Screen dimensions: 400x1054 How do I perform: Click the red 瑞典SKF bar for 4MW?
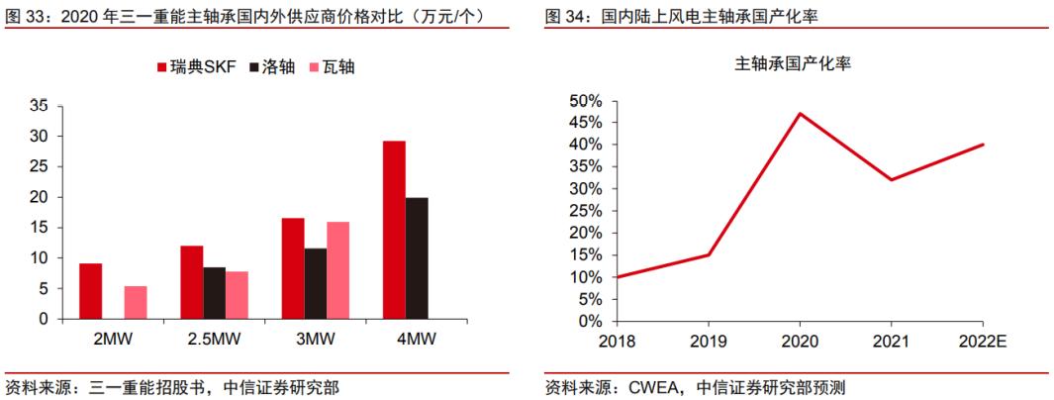pos(394,230)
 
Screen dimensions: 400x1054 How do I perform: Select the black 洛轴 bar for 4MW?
pos(417,258)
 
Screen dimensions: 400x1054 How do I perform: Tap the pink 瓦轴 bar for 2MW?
pos(136,302)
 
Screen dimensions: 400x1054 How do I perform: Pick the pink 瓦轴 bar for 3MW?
pos(337,270)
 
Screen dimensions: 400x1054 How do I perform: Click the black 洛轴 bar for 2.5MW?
pos(215,293)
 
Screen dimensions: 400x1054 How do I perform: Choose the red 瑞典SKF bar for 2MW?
pos(91,291)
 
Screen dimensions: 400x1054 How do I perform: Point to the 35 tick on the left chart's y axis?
pos(40,105)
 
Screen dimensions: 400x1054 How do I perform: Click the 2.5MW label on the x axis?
pos(215,338)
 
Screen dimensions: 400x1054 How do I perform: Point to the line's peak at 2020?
pos(799,114)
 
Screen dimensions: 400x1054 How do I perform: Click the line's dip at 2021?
pos(891,179)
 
